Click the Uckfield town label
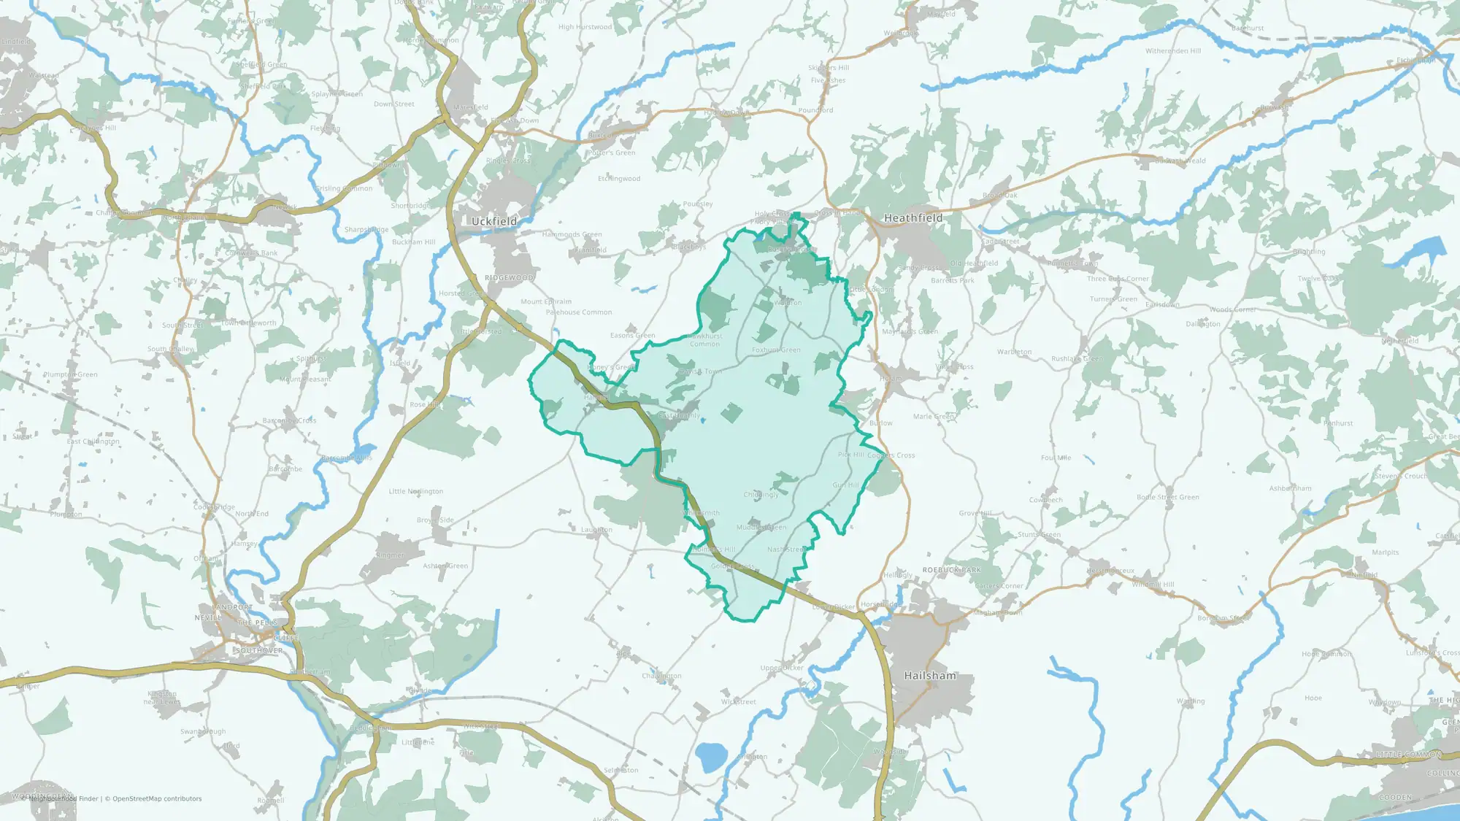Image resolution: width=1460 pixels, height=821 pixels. [x=493, y=221]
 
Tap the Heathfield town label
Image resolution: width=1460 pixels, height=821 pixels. [x=912, y=218]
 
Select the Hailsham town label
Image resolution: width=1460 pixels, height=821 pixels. [x=929, y=676]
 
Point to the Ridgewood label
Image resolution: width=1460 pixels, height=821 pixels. [x=509, y=278]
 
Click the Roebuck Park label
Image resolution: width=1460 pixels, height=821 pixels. [x=951, y=570]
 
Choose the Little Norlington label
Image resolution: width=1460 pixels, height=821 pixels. [x=415, y=491]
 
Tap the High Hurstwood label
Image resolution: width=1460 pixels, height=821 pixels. [x=585, y=27]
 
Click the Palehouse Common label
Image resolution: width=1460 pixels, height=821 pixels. [x=579, y=312]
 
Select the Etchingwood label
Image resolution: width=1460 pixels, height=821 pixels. [x=619, y=179]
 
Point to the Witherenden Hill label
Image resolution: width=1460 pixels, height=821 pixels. [x=1172, y=51]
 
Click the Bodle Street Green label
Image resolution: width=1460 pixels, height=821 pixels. [x=1167, y=498]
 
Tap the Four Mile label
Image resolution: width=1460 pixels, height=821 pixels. [x=1056, y=458]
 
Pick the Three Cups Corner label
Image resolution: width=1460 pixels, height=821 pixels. [x=1117, y=279]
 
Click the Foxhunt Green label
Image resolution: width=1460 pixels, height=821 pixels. [x=776, y=350]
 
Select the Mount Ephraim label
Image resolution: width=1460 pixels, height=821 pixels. [x=546, y=301]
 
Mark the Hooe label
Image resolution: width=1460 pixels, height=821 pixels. [x=1313, y=698]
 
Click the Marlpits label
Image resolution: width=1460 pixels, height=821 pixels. [x=1385, y=552]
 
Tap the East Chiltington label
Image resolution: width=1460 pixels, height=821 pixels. [x=93, y=442]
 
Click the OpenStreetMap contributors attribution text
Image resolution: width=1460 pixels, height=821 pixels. [x=153, y=799]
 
